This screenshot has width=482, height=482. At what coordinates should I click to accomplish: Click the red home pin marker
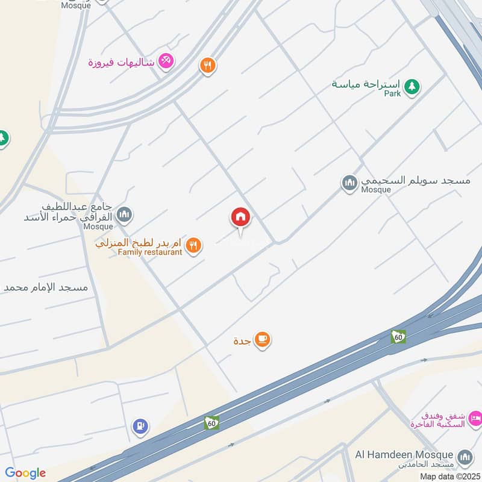tap(240, 218)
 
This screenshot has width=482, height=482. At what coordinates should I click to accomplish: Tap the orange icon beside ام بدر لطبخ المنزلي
tap(193, 245)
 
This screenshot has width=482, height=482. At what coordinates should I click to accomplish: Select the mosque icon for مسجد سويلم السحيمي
tap(349, 183)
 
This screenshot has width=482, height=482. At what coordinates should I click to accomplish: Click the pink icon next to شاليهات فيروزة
tap(166, 61)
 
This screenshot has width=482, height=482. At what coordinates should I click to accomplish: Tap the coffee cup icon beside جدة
tap(262, 340)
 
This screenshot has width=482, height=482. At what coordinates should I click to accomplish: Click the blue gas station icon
tap(140, 427)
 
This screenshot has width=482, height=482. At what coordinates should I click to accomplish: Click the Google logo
tap(25, 473)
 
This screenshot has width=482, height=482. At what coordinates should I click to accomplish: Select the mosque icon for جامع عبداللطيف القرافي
tap(125, 213)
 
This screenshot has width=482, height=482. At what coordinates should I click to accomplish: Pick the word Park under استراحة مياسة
tap(392, 94)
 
